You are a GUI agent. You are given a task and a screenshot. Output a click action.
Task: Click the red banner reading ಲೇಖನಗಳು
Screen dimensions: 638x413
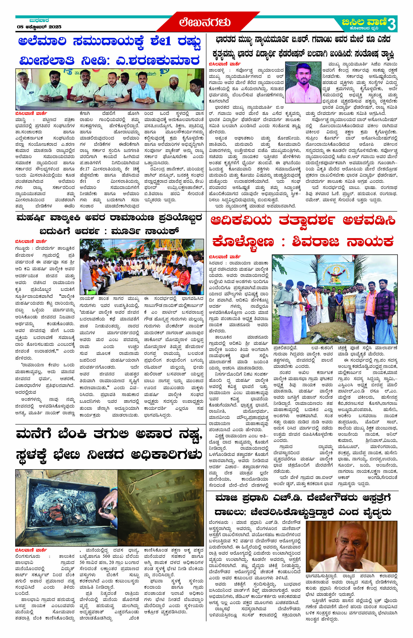pyautogui.click(x=205, y=22)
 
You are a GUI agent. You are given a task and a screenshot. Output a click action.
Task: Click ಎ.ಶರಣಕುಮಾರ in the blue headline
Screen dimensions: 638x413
pyautogui.click(x=157, y=60)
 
